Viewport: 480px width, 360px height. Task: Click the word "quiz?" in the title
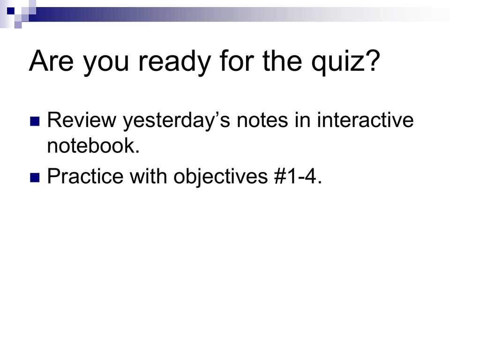point(345,62)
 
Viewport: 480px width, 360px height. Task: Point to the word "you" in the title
point(106,65)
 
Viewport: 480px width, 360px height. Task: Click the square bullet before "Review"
point(35,121)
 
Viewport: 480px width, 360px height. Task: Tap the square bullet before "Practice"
point(35,178)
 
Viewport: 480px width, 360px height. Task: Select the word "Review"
point(82,120)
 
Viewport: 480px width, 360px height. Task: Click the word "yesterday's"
point(176,121)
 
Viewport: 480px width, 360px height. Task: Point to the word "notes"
point(262,120)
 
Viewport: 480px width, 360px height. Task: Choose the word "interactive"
point(365,120)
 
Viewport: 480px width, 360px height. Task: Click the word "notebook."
point(93,145)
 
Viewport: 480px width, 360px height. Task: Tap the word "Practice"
point(85,176)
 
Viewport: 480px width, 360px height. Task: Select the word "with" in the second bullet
point(149,176)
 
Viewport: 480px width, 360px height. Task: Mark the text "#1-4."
point(299,176)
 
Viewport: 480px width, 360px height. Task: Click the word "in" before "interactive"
point(302,120)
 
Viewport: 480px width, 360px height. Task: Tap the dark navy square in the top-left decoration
point(11,11)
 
